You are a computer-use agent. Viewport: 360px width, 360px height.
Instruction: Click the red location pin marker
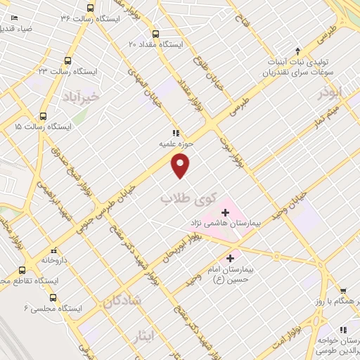pos(181,166)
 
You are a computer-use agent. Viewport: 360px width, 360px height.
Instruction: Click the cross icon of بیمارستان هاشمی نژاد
pos(225,210)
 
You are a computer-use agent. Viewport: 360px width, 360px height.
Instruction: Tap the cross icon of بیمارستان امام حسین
pos(232,258)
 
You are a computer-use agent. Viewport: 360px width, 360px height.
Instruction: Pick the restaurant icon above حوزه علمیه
pos(176,131)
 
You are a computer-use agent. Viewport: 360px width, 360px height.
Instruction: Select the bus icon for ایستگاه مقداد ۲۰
pos(155,33)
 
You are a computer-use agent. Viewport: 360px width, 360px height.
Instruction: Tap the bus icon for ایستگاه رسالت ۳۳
pos(68,60)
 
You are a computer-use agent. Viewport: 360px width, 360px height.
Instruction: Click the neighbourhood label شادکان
pos(125,300)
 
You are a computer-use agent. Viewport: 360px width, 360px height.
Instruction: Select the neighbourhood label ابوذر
pos(328,91)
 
